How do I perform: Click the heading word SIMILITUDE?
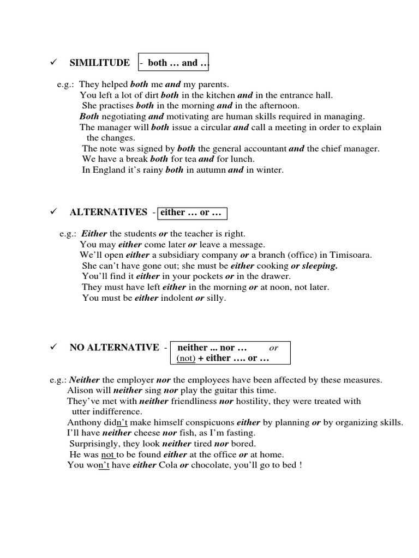pyautogui.click(x=100, y=63)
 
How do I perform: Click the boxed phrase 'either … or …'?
pyautogui.click(x=193, y=213)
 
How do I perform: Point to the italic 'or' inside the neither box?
pyautogui.click(x=274, y=348)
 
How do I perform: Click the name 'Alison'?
pyautogui.click(x=79, y=391)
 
